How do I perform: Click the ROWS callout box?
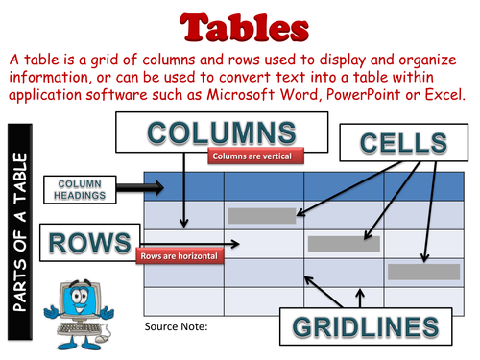(87, 243)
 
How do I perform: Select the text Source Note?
(176, 326)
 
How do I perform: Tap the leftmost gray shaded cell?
(255, 215)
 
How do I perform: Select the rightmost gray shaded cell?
(417, 272)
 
